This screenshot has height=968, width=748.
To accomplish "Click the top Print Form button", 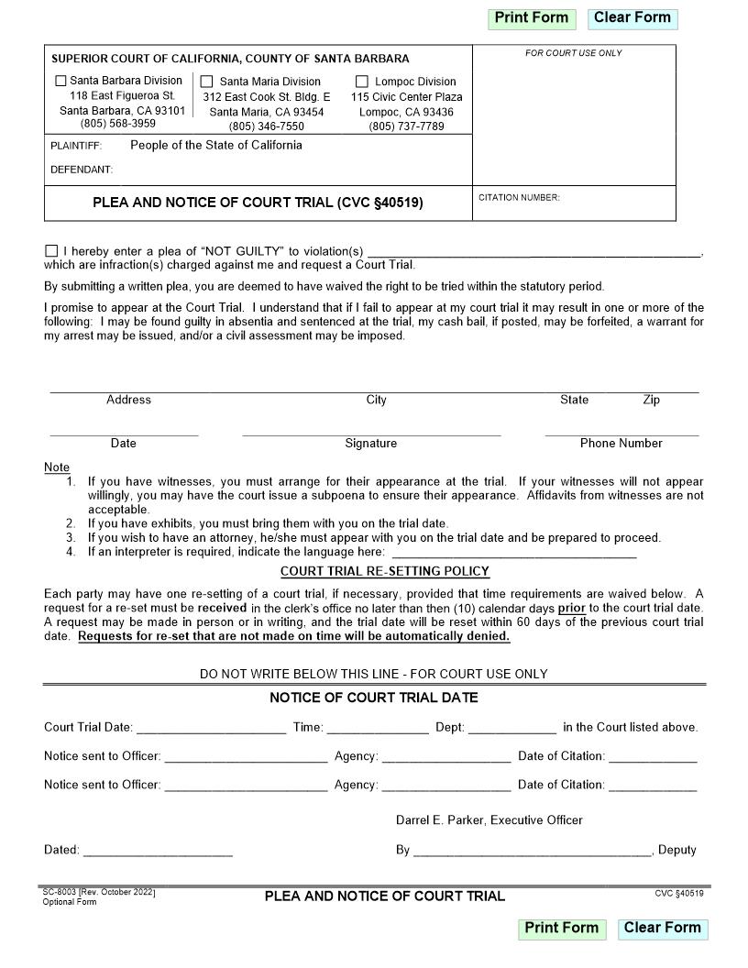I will pos(532,17).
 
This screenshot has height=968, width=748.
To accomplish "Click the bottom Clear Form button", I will pos(662,928).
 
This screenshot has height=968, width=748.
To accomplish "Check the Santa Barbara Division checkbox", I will pos(61,81).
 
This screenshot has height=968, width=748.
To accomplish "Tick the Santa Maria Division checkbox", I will pos(207,82).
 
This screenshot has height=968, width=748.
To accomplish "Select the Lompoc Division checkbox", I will pos(362,82).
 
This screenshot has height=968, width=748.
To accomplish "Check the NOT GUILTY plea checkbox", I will pos(51,251).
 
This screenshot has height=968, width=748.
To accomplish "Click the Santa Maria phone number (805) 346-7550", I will pos(266,126).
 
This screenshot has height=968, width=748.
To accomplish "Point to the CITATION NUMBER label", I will pos(519,198).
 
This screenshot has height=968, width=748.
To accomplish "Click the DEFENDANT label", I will pos(82,170).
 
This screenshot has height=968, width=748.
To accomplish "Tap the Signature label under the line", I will pos(370,444).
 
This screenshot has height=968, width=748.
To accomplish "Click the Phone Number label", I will pos(621,444).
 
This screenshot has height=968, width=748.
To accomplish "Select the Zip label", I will pos(651,400).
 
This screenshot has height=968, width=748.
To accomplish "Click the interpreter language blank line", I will pos(513,553).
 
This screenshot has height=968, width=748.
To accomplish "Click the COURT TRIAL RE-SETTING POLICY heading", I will pos(385,572).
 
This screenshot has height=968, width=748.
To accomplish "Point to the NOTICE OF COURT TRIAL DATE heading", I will pos(373,698).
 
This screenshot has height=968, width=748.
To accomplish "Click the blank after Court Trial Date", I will pos(211,729).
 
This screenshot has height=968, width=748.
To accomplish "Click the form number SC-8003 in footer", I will pos(60,892).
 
